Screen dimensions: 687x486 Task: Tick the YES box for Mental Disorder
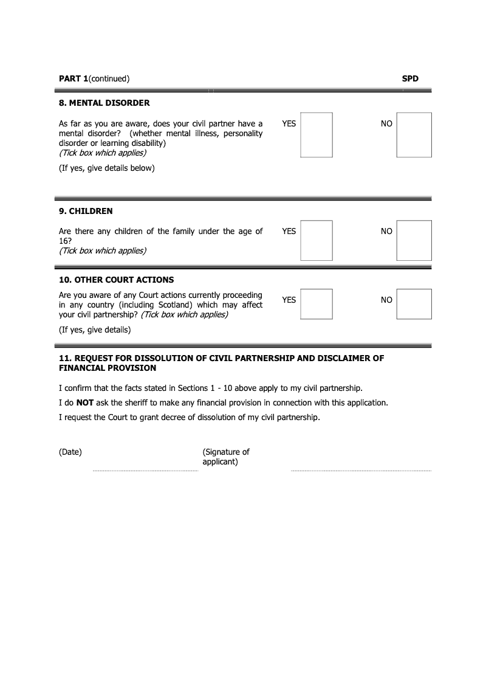[317, 134]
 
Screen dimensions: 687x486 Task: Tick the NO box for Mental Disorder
[414, 134]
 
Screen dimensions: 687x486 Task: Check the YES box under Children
[317, 240]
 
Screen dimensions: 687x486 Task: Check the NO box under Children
[414, 240]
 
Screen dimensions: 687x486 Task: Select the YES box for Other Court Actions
[317, 303]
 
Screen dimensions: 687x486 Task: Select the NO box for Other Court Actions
[414, 303]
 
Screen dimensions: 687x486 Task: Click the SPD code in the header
[410, 78]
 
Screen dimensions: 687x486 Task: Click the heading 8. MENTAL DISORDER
[104, 103]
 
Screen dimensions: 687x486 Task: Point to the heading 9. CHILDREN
[86, 211]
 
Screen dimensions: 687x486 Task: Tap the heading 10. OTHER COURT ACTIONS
[116, 280]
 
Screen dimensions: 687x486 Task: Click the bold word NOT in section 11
[84, 402]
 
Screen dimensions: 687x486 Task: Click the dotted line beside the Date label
[145, 471]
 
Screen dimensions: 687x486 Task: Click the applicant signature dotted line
[361, 471]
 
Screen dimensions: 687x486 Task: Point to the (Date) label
[70, 452]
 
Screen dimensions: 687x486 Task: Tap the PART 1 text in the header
[74, 78]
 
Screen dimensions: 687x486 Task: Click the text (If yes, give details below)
[106, 168]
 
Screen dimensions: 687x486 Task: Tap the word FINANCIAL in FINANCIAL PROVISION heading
[81, 368]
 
